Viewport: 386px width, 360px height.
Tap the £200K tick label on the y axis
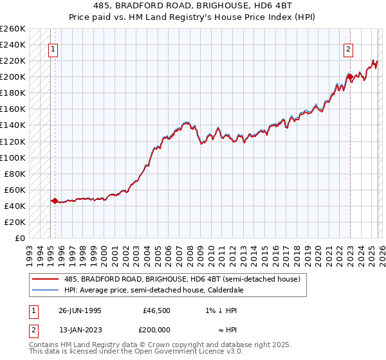(x=13, y=77)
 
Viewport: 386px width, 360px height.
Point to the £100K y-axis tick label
(x=13, y=157)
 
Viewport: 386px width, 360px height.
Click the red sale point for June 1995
(x=55, y=201)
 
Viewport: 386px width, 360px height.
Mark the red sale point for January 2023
(x=350, y=77)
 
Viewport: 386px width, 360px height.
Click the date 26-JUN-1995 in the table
(x=80, y=310)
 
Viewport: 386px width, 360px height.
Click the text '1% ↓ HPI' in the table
(x=224, y=310)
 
